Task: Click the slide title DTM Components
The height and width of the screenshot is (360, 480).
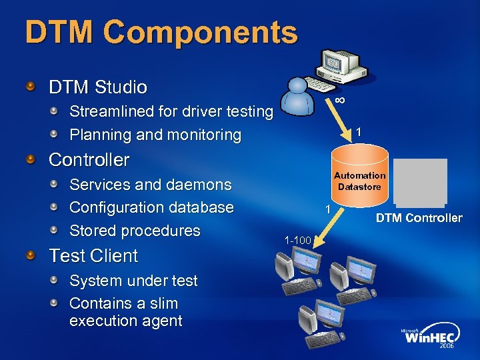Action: pos(161,32)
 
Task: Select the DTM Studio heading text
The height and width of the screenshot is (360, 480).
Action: pos(98,87)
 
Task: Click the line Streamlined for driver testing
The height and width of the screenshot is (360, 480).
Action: pos(171,111)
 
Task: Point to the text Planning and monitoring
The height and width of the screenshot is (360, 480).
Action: pos(155,135)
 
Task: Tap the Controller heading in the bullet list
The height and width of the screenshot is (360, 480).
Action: pos(89,160)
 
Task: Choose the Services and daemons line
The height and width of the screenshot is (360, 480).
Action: pos(151,185)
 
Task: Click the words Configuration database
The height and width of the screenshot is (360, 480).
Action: pos(151,207)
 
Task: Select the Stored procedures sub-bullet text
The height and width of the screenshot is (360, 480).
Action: pos(135,231)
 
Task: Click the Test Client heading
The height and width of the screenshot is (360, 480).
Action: pos(93,256)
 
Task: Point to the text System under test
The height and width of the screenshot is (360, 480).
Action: pos(133,281)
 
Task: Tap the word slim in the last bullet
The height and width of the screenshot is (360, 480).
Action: pos(163,303)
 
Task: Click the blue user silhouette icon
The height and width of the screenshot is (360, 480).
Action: pos(297,99)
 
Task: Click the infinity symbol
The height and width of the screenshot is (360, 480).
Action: pos(340,100)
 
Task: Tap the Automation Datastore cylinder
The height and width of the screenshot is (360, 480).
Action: pos(360,180)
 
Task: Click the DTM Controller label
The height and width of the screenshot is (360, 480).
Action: pos(419,218)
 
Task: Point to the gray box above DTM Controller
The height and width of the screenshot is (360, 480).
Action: pos(420,181)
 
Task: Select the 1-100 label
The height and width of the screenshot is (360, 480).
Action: pos(297,240)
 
